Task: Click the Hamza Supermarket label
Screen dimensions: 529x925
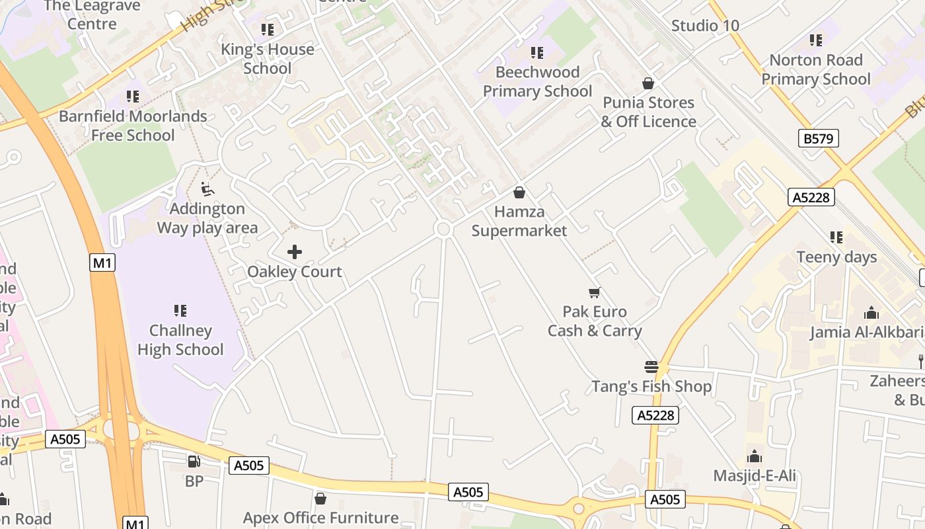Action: point(519,221)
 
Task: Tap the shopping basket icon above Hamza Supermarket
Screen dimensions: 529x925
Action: point(519,192)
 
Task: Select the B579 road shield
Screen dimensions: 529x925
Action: point(818,138)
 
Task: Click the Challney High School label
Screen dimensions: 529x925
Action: point(180,340)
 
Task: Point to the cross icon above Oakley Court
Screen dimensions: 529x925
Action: point(295,252)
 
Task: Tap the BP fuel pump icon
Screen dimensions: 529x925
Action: point(194,462)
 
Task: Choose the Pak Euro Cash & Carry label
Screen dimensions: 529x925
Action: point(595,321)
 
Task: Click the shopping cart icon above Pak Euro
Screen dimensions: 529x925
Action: point(595,292)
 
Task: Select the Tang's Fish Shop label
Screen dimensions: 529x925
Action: point(651,386)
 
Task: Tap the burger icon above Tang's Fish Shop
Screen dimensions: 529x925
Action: point(651,367)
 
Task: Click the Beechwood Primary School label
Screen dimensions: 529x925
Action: point(537,81)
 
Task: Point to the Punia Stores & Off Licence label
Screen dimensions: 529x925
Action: point(648,112)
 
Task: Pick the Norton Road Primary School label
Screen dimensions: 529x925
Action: point(816,69)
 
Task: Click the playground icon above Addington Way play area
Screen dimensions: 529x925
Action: point(207,189)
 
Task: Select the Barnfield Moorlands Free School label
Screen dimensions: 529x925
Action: point(133,126)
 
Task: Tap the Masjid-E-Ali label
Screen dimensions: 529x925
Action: point(755,476)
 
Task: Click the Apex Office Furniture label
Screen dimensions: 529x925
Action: point(320,517)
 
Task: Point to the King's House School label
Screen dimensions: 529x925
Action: point(268,58)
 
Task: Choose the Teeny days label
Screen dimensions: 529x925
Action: point(836,257)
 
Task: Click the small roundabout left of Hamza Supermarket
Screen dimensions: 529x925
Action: point(443,229)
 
